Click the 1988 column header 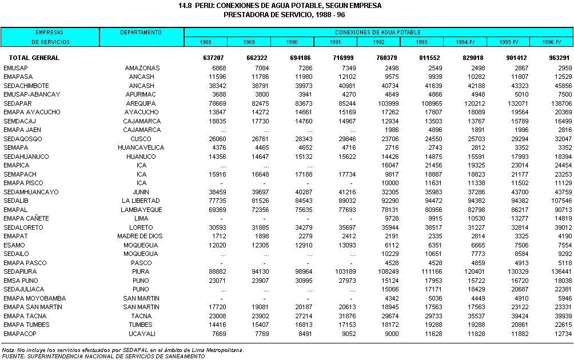(x=205, y=42)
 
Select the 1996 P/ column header (x=551, y=42)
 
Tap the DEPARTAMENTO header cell (x=141, y=33)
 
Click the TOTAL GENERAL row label (x=34, y=58)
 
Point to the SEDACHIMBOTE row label (x=26, y=86)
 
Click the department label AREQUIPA (x=142, y=103)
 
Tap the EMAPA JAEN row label (x=22, y=130)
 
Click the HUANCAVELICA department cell (x=142, y=147)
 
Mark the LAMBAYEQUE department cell (x=142, y=210)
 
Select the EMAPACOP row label (x=20, y=333)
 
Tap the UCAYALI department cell (x=142, y=333)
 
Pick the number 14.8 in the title (x=185, y=5)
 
